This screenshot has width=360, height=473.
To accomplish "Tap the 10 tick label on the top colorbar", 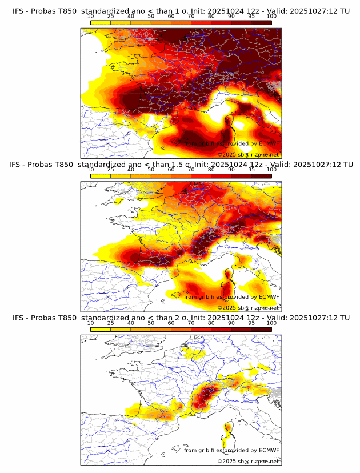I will coord(91,17).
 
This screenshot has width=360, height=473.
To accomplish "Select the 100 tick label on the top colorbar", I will coord(271,17).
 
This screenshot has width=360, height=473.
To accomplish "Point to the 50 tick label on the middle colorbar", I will coord(151,170).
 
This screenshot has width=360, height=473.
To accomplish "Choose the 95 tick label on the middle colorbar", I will coord(251,170).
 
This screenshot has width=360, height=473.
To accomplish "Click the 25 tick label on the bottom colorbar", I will coord(111,323).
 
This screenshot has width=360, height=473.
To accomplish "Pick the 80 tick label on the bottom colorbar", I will coord(211,323).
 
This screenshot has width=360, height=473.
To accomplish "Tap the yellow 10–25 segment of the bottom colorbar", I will coord(101,329).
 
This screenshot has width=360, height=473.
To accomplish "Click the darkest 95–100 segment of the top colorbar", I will coord(261,23).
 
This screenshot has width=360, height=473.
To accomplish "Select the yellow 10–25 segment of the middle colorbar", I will coord(101,176).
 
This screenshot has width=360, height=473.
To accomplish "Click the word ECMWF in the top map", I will coord(269,144).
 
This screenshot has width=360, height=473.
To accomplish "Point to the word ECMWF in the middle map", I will coord(269,297).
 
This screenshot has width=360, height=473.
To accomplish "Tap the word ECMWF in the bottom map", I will coord(269,451).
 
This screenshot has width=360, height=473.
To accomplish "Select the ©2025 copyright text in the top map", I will coord(227,155).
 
